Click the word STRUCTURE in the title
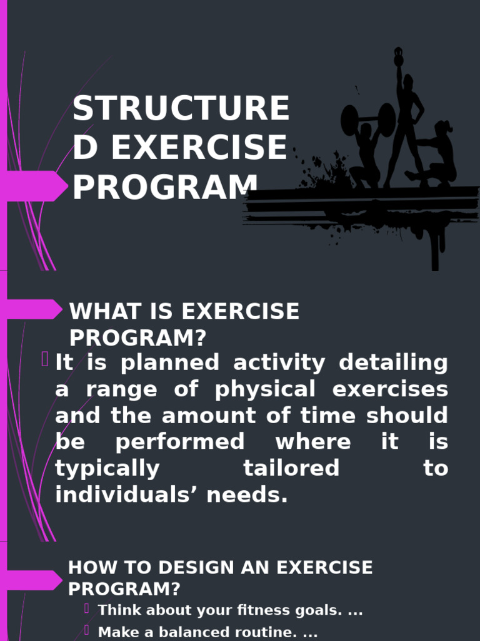[181, 109]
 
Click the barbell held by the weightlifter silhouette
[368, 118]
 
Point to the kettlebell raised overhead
[398, 58]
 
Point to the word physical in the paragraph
[264, 389]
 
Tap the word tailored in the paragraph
[291, 468]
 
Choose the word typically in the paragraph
[107, 468]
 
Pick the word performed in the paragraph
[180, 442]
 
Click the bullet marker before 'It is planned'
[46, 359]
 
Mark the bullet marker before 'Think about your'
[88, 608]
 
